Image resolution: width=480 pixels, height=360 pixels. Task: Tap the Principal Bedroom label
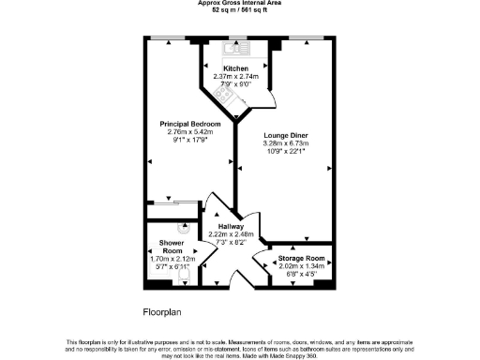[x=190, y=124]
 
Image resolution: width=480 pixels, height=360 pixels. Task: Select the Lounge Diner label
[x=286, y=136]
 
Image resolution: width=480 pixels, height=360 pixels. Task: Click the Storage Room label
[x=302, y=258]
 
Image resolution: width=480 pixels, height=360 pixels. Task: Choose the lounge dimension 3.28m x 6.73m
[x=286, y=143]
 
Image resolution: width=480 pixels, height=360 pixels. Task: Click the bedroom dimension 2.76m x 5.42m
[x=190, y=131]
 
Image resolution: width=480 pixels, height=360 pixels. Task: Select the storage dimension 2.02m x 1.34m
[x=302, y=266]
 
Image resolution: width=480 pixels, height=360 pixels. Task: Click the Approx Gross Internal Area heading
[x=240, y=4]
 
